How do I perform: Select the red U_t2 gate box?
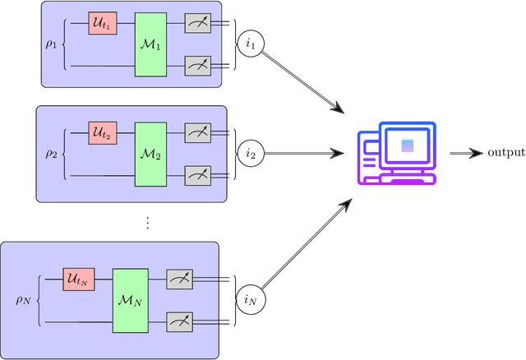[103, 132]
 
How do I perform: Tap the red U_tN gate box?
[79, 280]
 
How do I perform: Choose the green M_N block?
[128, 299]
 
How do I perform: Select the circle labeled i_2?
[251, 152]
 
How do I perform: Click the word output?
[505, 153]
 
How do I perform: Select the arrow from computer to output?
[466, 153]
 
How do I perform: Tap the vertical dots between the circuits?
[148, 222]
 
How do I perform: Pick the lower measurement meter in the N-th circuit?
[180, 319]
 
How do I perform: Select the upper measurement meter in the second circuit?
[198, 132]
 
